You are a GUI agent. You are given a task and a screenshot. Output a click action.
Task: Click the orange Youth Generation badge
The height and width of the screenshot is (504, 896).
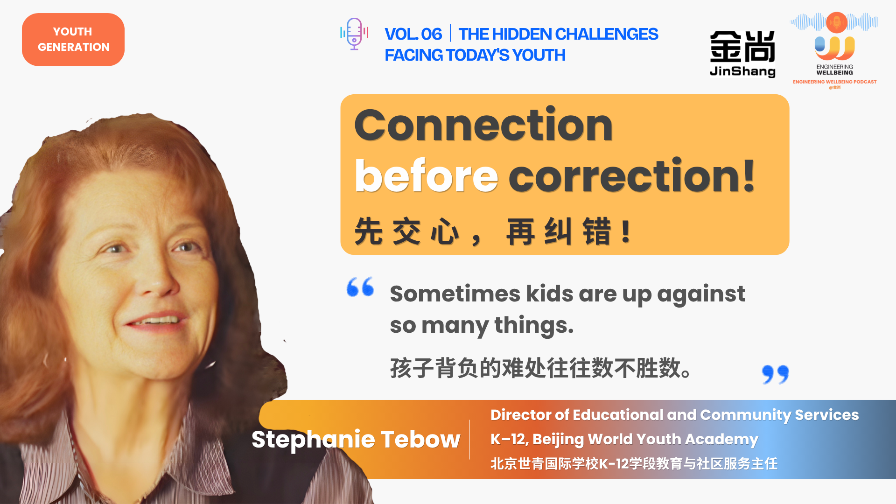(x=73, y=40)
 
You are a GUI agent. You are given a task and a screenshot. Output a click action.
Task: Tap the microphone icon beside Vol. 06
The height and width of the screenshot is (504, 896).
(x=354, y=34)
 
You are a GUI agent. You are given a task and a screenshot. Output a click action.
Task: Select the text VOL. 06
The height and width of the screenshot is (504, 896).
(x=413, y=34)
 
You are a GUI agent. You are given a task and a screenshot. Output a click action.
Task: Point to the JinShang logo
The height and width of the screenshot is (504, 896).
(x=742, y=54)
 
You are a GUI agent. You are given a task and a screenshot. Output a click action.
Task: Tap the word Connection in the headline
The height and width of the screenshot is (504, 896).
(x=483, y=125)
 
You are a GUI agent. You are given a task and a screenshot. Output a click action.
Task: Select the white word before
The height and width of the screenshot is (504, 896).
(x=427, y=176)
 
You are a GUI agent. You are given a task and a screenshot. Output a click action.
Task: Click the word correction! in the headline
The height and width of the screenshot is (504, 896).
(x=631, y=176)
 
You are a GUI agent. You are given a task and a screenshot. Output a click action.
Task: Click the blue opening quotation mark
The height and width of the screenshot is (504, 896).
(x=360, y=287)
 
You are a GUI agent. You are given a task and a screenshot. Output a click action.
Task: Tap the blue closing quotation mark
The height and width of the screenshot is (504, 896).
(x=775, y=374)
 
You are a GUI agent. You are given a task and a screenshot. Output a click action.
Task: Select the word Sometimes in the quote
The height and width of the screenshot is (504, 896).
(x=455, y=294)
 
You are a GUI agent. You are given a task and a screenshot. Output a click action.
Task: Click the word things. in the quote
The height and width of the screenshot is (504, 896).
(x=534, y=325)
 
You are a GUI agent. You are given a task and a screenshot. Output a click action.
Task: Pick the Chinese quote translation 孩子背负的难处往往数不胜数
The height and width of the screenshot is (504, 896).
(x=540, y=368)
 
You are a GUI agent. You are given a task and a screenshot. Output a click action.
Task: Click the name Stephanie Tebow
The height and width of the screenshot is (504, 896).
(x=356, y=439)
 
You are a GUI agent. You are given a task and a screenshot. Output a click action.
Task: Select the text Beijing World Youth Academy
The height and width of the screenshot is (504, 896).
(x=645, y=440)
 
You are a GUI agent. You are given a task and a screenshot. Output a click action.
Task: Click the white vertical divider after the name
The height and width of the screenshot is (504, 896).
(x=470, y=440)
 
